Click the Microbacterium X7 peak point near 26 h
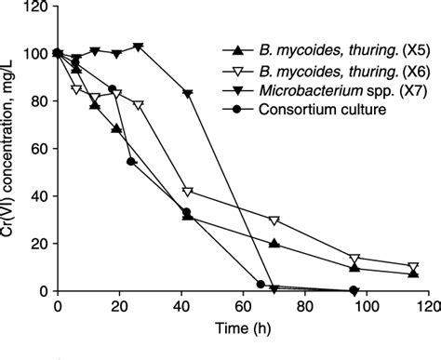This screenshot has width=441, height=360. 138,47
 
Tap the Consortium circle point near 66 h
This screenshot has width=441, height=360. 261,284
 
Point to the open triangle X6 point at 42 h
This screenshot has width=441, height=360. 188,192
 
